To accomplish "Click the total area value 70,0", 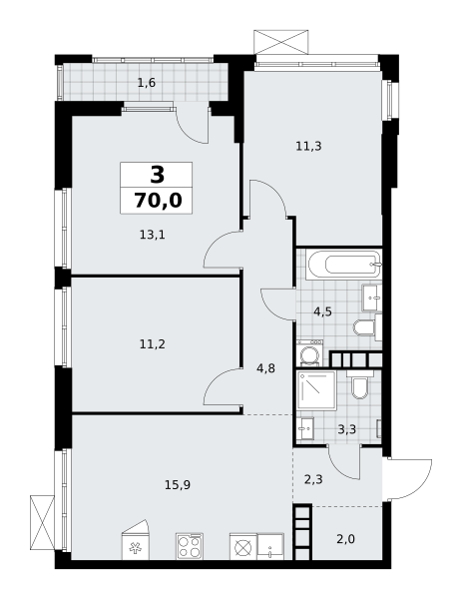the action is tap(158, 201).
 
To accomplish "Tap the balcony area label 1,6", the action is tap(147, 83).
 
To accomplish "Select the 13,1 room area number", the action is tap(152, 235).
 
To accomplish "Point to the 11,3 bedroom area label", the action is tap(308, 146).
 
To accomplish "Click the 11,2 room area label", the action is tap(152, 344).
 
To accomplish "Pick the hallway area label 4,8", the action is tap(266, 369).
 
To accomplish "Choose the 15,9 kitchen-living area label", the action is tap(178, 485).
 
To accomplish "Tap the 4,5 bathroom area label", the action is tap(322, 312).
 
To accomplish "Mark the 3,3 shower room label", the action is tap(346, 429).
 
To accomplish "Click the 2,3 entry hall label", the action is tap(313, 479).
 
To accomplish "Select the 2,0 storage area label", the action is tap(346, 539).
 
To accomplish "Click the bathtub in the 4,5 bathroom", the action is tap(344, 264).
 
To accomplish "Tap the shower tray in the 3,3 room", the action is tap(317, 390).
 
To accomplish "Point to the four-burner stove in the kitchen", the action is tap(190, 547).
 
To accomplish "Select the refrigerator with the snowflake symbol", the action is tap(135, 542).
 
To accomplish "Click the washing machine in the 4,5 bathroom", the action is tap(309, 353).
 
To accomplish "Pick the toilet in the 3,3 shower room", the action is tap(359, 385).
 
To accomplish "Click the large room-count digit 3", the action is tap(157, 176).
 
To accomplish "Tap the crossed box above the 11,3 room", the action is tap(281, 42).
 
